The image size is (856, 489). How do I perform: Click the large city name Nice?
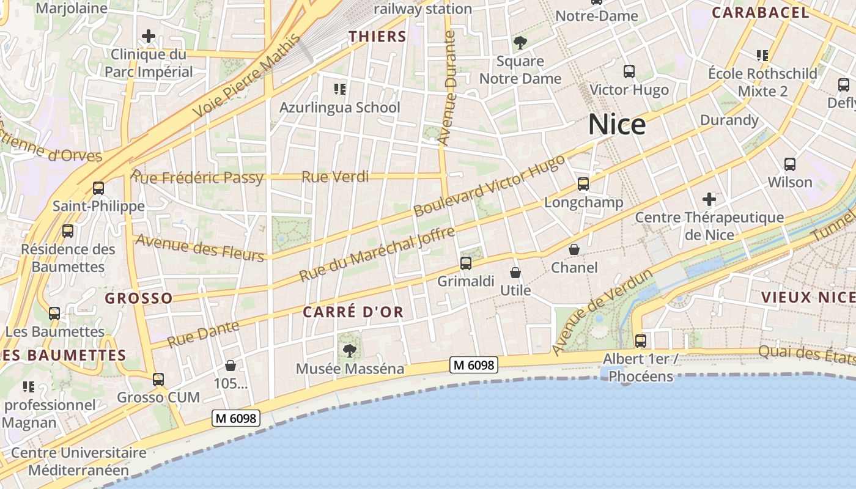pos(617,124)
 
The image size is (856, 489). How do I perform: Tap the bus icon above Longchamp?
pos(583,183)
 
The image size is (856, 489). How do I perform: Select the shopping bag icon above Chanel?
pos(574,249)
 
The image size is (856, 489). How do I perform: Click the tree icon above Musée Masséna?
pos(349,350)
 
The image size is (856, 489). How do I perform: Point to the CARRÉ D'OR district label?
pos(353,312)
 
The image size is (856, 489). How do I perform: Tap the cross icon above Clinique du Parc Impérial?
pos(148,36)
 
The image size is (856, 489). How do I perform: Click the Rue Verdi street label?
pos(335,177)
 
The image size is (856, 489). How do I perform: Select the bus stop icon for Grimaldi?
pos(466,263)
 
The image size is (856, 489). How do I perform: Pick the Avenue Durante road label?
pos(448,89)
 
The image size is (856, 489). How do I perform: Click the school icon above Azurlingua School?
pos(340,89)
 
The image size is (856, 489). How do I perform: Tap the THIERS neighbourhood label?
pos(377,36)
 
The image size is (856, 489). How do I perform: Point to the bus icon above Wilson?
pos(790,164)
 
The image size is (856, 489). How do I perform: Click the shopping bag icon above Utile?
pos(515,272)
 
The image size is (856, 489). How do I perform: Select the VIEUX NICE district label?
pos(807,297)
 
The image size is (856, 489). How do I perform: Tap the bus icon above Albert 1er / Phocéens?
pos(640,340)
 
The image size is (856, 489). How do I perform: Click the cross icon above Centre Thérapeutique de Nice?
pos(709,199)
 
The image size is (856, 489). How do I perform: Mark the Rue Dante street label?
pos(202,334)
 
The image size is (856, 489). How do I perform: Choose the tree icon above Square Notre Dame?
pos(520,43)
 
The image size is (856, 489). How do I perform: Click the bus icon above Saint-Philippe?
pos(98,188)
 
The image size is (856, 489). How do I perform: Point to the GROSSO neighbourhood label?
pos(139,298)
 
